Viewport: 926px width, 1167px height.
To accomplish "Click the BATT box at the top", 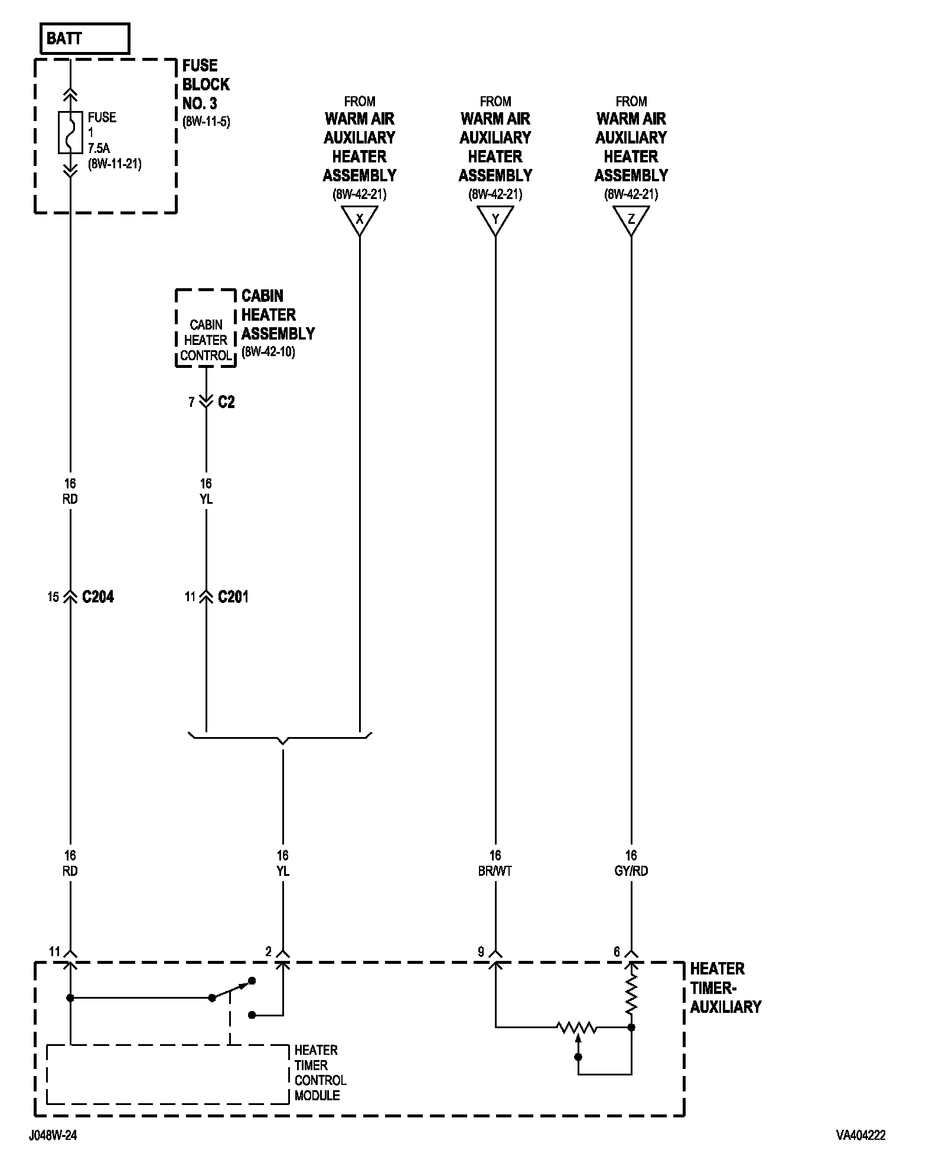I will click(84, 39).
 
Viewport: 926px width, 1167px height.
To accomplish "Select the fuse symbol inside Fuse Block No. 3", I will click(70, 132).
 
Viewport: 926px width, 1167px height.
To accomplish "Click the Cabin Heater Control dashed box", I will click(206, 328).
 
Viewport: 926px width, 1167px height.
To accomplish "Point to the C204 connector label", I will click(98, 597).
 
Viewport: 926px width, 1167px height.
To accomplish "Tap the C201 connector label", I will click(233, 597).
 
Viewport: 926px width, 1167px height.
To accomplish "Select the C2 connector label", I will click(226, 402).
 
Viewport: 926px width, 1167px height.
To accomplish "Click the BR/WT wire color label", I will click(495, 871).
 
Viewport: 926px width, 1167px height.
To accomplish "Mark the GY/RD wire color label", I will click(631, 871).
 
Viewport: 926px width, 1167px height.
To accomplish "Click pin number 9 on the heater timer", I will click(481, 952).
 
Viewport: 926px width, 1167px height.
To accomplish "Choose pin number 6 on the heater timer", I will click(617, 952).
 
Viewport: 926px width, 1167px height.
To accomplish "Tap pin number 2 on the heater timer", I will click(269, 952).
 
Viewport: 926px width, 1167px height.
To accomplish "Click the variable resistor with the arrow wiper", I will click(578, 1028).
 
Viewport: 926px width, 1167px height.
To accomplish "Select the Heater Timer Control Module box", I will click(168, 1074).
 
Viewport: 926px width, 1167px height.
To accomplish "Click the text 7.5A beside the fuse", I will click(99, 149).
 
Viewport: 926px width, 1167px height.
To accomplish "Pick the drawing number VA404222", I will click(860, 1135).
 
